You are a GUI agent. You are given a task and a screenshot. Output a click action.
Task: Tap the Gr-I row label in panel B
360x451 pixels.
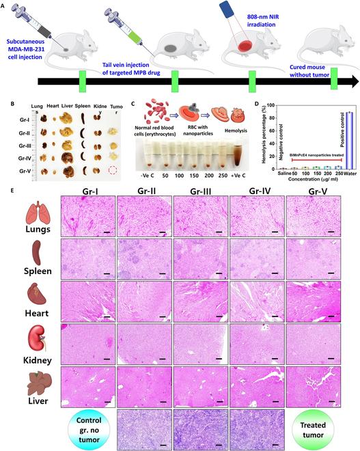tap(22, 118)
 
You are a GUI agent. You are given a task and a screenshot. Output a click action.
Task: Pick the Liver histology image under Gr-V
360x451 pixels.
tap(313, 387)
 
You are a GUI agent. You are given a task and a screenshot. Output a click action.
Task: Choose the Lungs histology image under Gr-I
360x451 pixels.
tap(88, 216)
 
